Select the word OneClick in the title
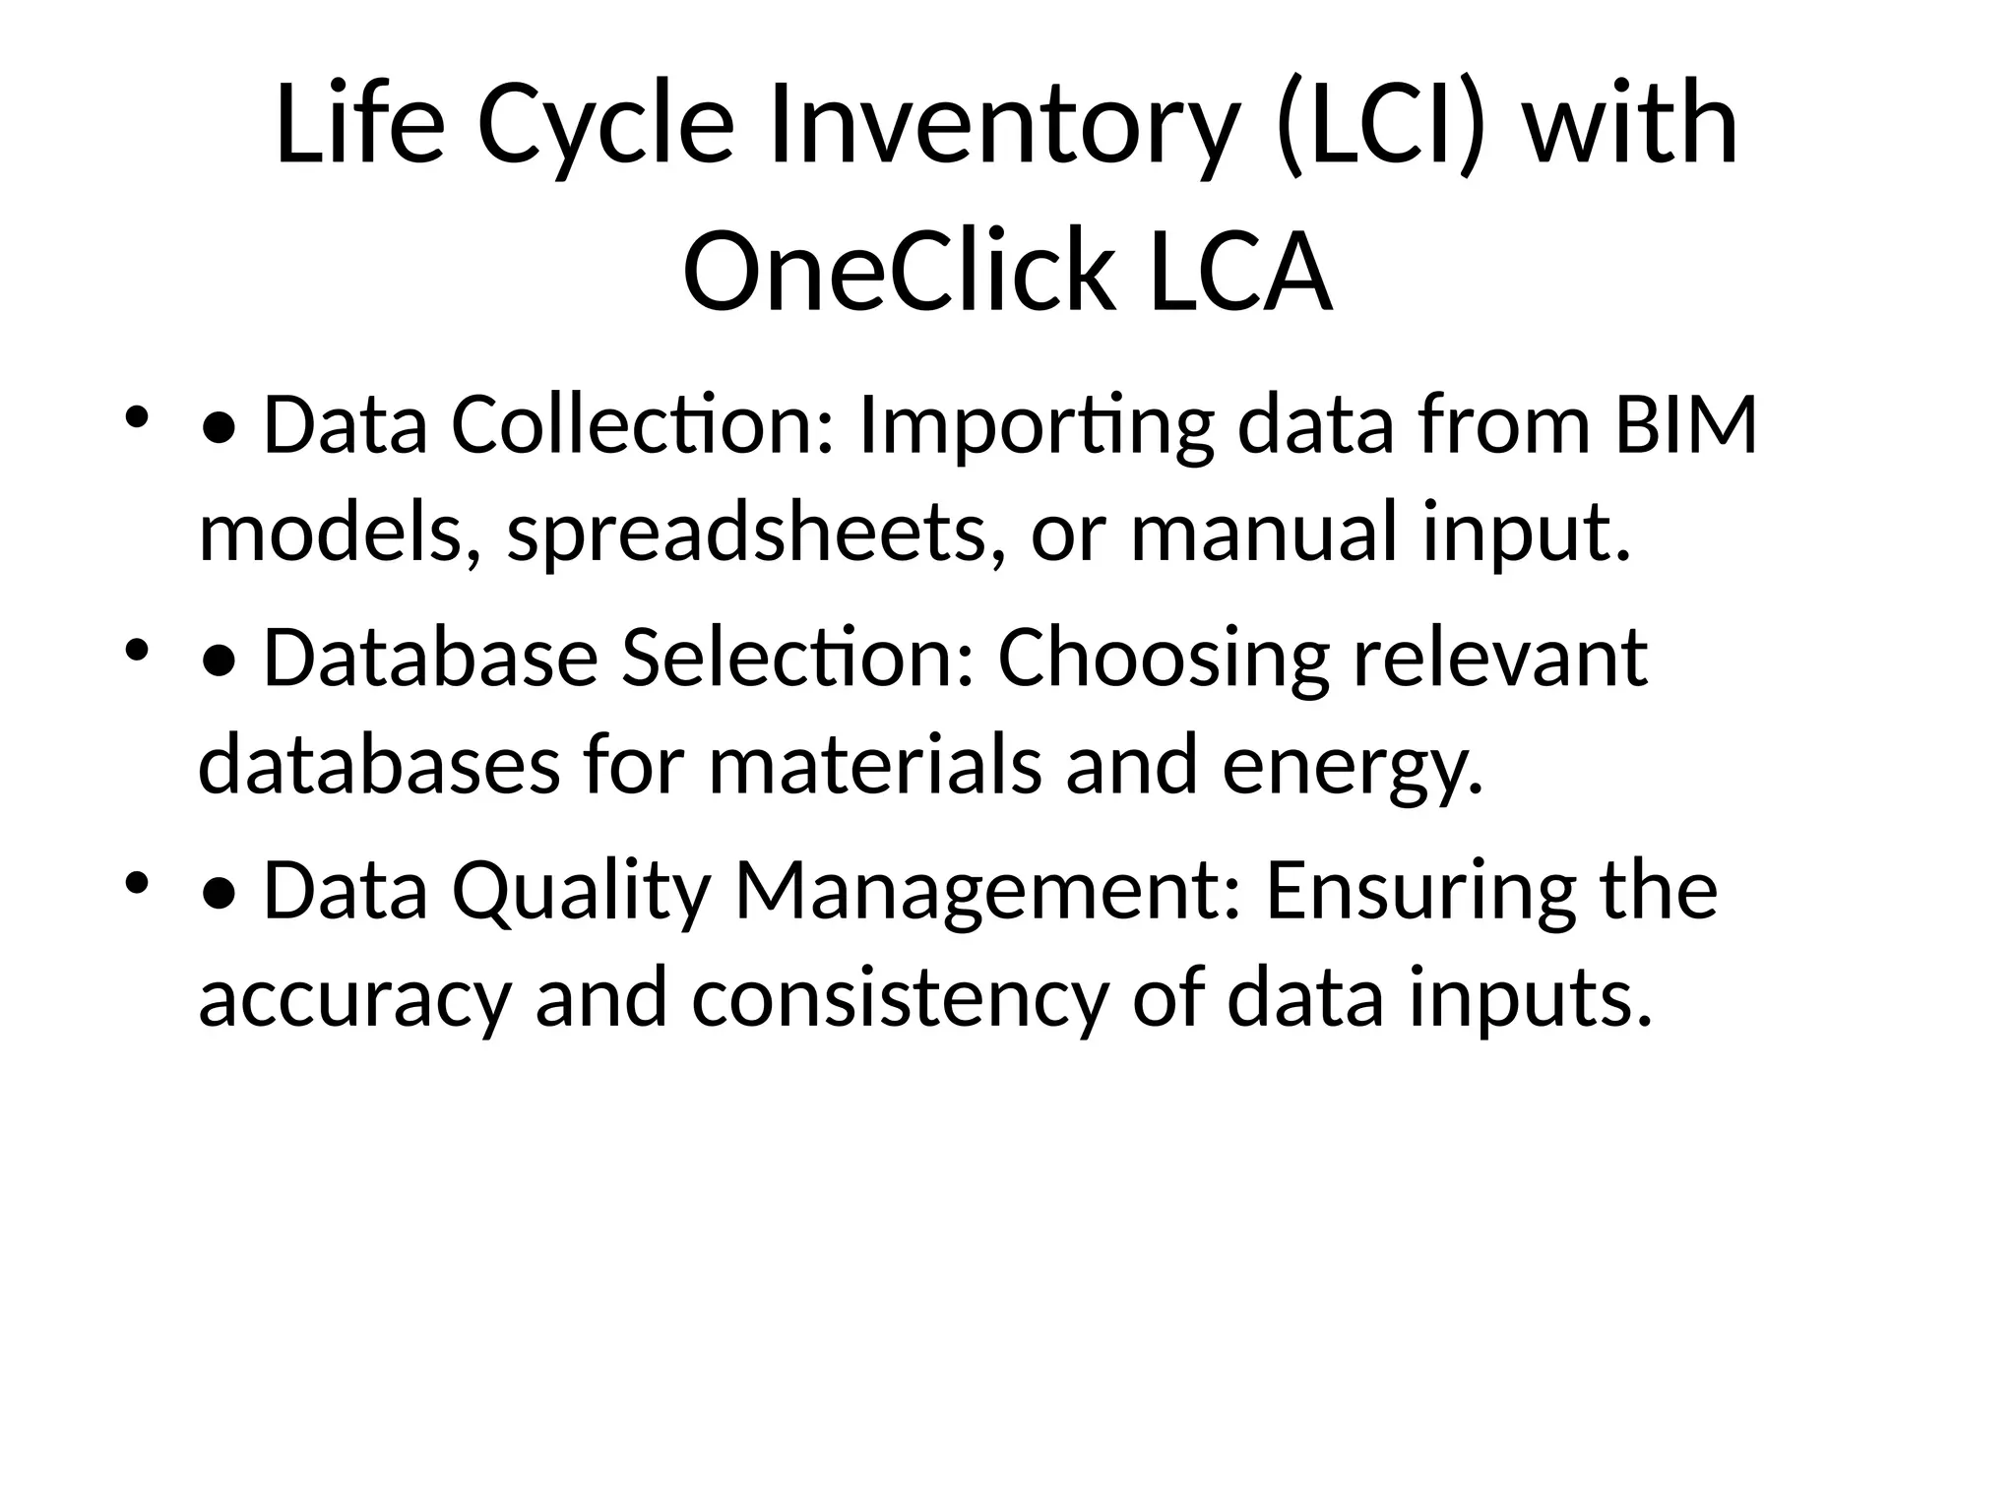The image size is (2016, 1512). (x=899, y=271)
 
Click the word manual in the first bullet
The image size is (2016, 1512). (x=1264, y=533)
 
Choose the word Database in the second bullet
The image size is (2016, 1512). (x=430, y=658)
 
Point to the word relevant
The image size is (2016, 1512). (x=1500, y=658)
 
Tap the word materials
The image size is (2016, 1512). (x=874, y=765)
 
